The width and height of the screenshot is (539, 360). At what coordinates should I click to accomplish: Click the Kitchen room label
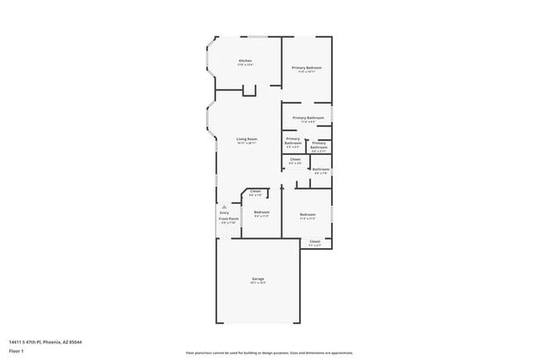coord(245,61)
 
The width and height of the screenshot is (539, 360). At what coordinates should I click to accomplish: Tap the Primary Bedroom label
coord(306,67)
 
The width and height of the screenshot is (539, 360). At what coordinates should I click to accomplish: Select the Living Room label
coord(246,139)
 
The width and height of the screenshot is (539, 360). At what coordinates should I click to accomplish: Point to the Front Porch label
coord(228,218)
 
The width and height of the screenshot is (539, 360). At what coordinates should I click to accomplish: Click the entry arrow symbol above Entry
coord(225,206)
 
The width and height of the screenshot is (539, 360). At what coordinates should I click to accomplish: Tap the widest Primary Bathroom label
coord(308,118)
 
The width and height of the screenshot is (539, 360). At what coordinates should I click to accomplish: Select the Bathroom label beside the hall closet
coord(321,169)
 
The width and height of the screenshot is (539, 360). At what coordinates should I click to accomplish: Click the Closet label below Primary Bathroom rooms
coord(295,158)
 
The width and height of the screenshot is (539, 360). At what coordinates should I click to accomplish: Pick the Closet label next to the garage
coord(315,241)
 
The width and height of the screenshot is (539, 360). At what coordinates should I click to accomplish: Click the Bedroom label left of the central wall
coord(261,212)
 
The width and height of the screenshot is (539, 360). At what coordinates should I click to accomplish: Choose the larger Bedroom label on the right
coord(307,215)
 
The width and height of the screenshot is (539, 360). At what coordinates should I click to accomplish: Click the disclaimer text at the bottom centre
coord(269,353)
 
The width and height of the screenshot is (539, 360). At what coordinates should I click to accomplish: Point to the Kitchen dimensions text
coord(245,66)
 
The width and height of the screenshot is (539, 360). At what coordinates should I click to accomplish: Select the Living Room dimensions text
coord(246,144)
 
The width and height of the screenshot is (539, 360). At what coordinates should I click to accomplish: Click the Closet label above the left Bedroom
coord(255,192)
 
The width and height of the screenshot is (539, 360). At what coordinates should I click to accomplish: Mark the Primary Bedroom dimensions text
coord(306,72)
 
